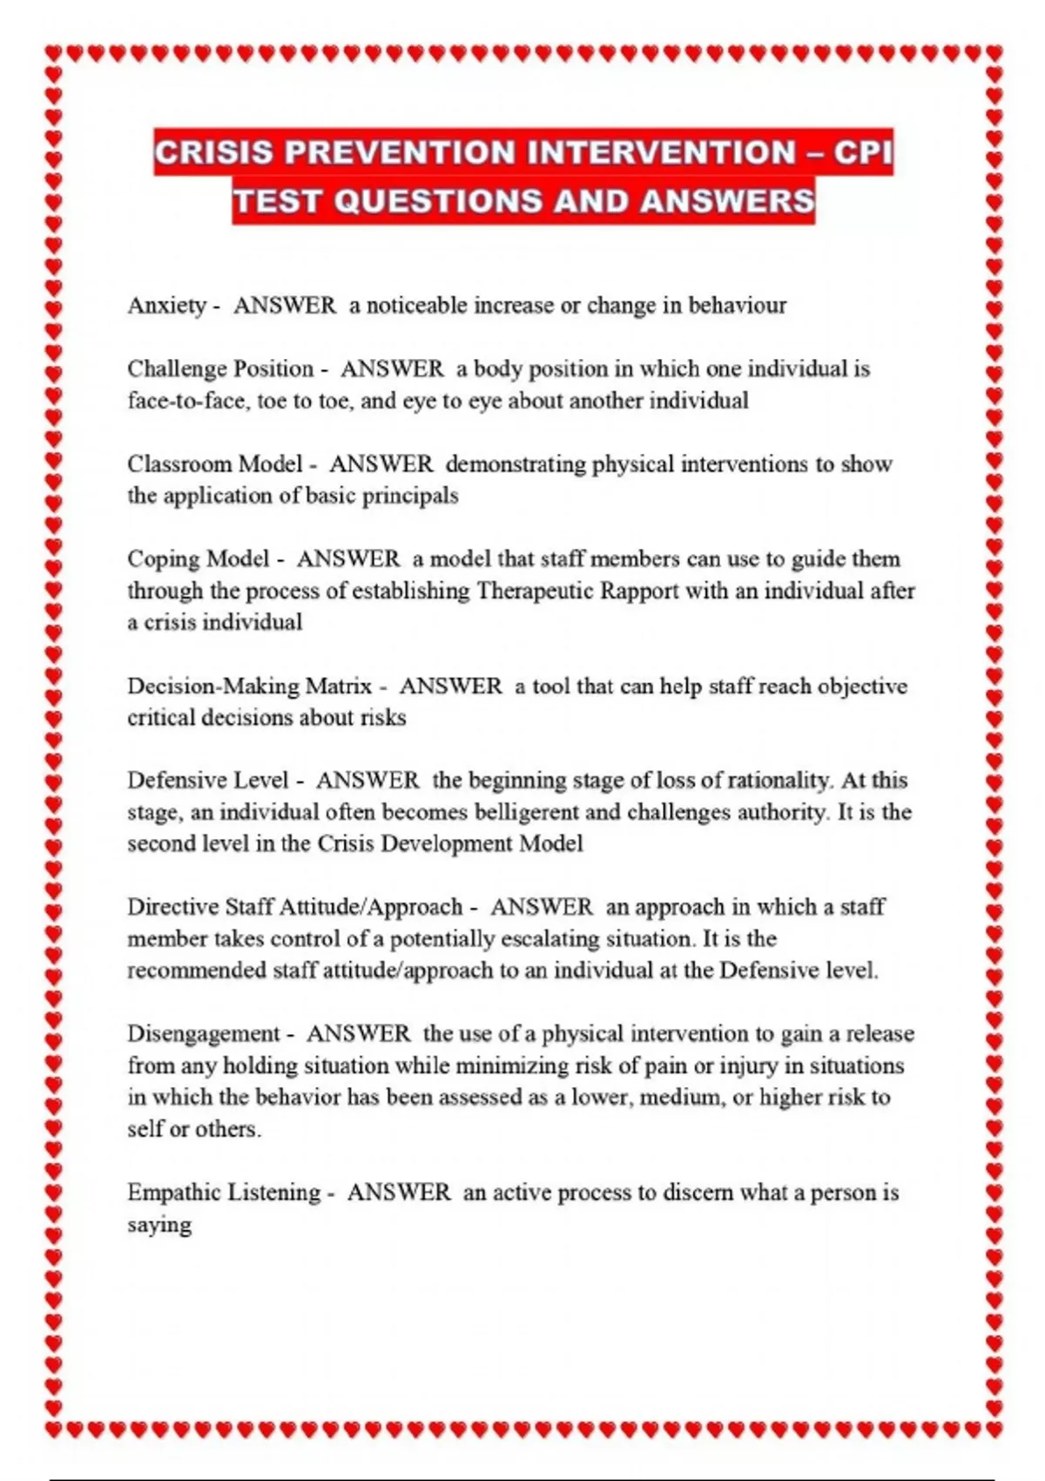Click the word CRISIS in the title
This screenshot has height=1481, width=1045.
[214, 153]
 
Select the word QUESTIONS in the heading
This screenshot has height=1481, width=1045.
[438, 201]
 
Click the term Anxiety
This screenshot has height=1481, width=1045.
[166, 306]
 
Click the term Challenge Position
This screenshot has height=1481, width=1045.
[220, 369]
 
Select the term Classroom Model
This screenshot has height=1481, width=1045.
[215, 464]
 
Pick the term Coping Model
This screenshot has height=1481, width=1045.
[198, 559]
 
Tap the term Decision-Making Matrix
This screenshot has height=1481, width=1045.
[249, 686]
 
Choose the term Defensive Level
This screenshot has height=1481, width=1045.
[207, 781]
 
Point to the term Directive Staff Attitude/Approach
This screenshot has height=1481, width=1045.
[294, 907]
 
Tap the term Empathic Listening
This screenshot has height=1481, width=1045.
[224, 1193]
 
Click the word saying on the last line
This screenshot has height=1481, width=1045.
[159, 1225]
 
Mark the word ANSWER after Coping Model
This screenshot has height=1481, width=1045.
[348, 559]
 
